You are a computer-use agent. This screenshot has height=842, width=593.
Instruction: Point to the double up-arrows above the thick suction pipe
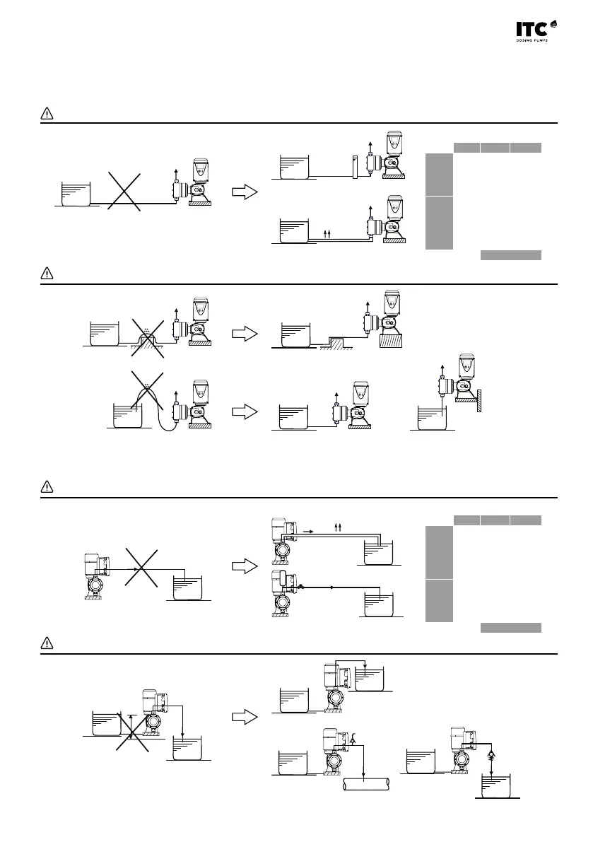pyautogui.click(x=327, y=232)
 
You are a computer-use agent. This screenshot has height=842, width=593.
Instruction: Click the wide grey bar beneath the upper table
pyautogui.click(x=510, y=255)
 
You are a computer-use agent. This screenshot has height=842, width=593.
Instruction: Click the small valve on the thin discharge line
pyautogui.click(x=300, y=586)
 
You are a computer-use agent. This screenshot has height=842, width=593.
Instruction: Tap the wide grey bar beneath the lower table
pyautogui.click(x=510, y=627)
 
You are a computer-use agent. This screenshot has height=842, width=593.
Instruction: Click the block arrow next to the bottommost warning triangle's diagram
pyautogui.click(x=244, y=716)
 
